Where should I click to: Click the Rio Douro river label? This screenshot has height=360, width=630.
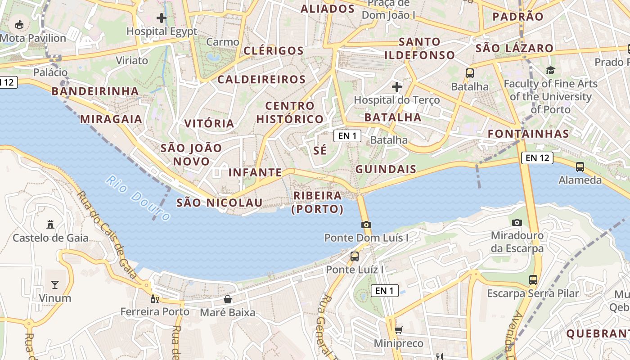138,198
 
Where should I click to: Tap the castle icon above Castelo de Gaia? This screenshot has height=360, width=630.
50,224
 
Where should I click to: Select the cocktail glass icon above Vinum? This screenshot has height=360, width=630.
55,284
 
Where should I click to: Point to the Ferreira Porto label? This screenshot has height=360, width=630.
155,311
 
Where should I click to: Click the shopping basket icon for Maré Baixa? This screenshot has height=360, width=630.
228,299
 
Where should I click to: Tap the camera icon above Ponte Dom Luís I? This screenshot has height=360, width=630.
366,225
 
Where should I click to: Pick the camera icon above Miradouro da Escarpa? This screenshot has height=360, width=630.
517,222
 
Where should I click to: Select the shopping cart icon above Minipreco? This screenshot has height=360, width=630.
398,330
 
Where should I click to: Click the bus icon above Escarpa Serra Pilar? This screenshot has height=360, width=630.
533,280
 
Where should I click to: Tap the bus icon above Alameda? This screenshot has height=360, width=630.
580,167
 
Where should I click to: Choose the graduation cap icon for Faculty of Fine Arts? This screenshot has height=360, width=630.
550,70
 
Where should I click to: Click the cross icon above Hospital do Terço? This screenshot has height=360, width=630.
396,86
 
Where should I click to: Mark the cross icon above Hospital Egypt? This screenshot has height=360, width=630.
162,18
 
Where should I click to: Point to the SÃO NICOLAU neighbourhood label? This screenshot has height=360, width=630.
219,202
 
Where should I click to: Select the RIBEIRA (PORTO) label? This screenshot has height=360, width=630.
318,202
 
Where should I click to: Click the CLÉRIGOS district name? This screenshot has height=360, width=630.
274,50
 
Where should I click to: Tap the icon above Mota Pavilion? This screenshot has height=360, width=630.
20,24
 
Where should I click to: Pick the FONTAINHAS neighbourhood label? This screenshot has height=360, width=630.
528,134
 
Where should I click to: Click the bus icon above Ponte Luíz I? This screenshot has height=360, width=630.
355,256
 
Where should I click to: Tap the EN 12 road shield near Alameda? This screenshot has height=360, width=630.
537,157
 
